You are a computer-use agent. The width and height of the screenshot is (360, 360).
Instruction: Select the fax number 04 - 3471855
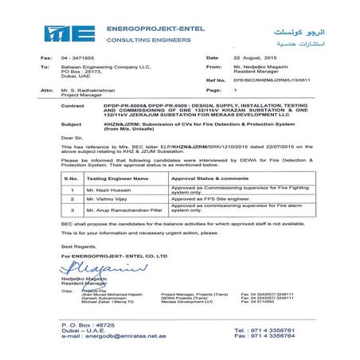coord(76,58)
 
